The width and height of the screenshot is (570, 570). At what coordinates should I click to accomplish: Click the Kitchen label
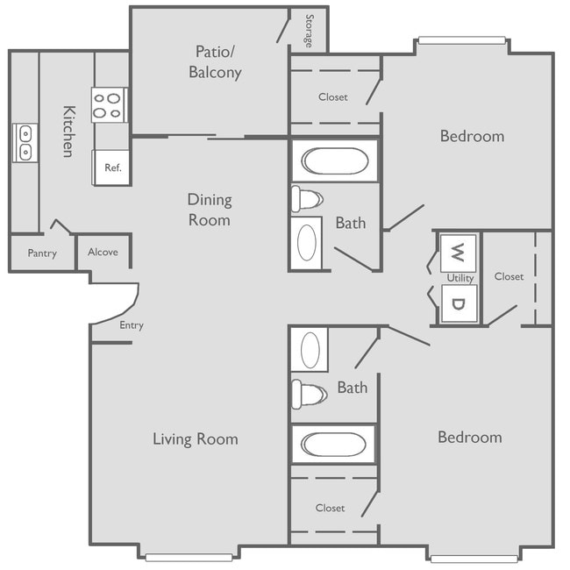tap(68, 132)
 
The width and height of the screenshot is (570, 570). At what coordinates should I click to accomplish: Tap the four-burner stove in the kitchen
tap(110, 105)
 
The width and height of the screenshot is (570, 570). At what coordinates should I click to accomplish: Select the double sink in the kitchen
tap(25, 142)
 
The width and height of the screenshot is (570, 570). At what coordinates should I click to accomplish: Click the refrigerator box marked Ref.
tap(112, 167)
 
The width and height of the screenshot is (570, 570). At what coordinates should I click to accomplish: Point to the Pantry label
tap(42, 253)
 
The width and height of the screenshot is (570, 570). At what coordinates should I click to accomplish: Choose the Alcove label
tap(103, 253)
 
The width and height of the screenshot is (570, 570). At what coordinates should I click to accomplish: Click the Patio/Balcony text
tap(215, 62)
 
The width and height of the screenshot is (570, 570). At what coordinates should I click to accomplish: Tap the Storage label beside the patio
tap(309, 31)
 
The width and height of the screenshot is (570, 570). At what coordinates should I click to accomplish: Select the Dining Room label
tap(209, 210)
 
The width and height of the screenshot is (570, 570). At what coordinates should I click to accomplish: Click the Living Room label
tap(195, 439)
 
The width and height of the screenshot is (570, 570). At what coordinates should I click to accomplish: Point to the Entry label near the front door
tap(132, 325)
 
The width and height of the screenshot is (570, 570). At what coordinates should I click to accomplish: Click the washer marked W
tap(457, 253)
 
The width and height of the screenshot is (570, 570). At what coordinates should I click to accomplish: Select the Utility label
tap(460, 278)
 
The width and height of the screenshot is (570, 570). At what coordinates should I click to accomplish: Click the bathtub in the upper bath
tap(335, 160)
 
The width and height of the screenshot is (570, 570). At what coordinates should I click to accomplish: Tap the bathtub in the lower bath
tap(334, 445)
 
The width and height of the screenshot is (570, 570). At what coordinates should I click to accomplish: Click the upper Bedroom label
tap(472, 136)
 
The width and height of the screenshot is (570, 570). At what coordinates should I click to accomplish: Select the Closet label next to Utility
tap(509, 276)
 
